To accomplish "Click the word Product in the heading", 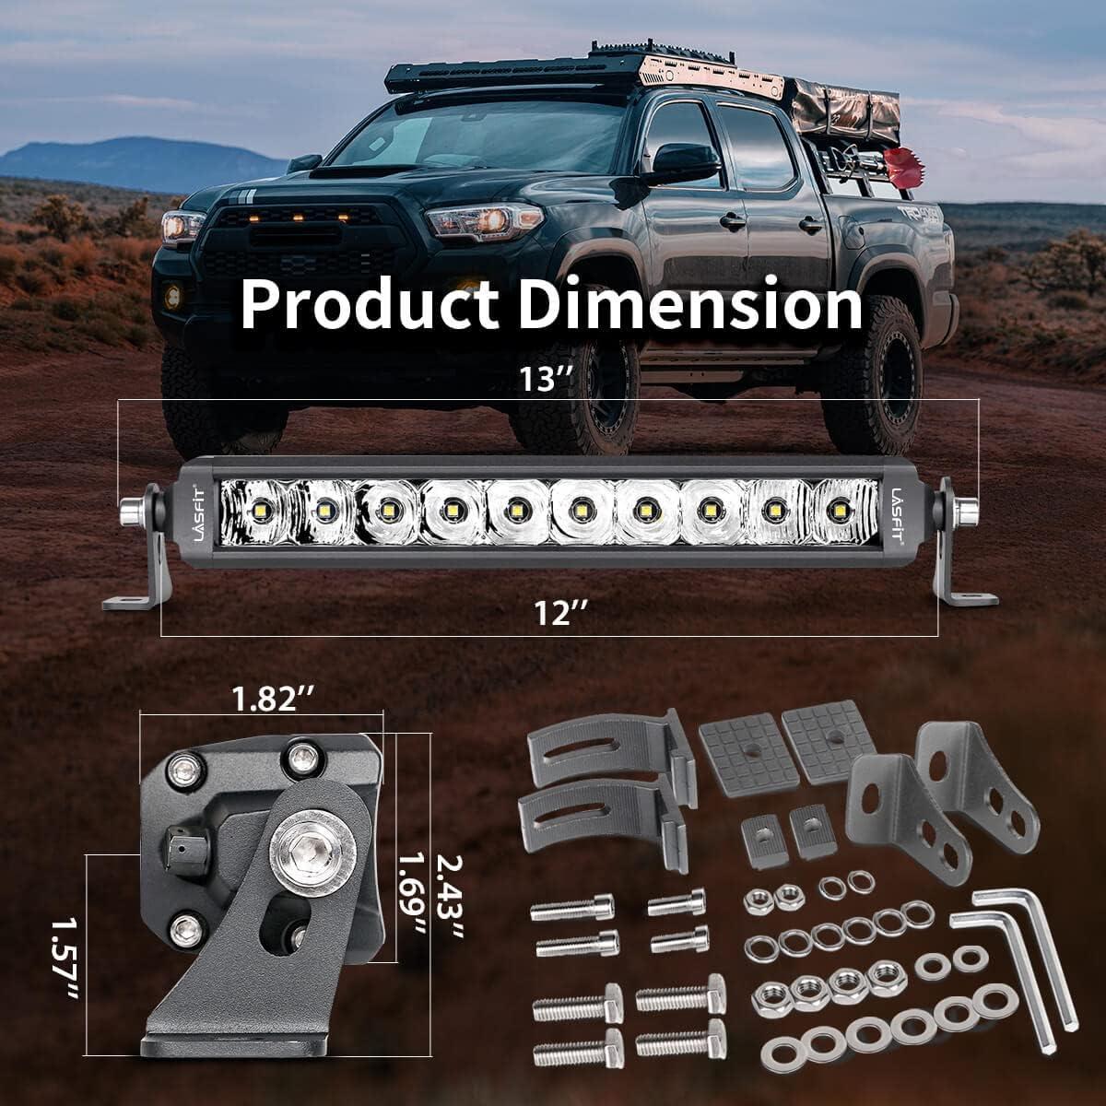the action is click(x=370, y=305).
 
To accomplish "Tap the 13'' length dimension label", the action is click(x=547, y=379).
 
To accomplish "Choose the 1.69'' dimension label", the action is click(x=412, y=900).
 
